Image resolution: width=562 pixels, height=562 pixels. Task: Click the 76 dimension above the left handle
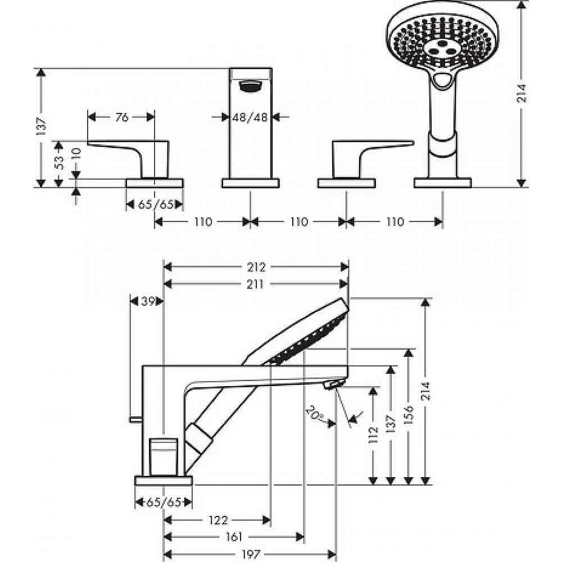pos(122,117)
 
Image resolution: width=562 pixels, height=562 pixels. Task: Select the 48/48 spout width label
pos(250,117)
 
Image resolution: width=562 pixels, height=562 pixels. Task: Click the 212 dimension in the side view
pos(256,267)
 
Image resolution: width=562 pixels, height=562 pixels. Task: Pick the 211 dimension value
pos(256,284)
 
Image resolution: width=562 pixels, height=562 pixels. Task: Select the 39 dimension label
pos(147,301)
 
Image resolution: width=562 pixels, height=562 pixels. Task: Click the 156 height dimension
pos(409,415)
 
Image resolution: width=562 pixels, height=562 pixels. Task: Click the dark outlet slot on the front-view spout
pos(250,86)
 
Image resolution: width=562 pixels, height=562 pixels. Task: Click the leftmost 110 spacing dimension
pos(202,222)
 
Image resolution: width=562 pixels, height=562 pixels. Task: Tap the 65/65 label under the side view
pos(164,502)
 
